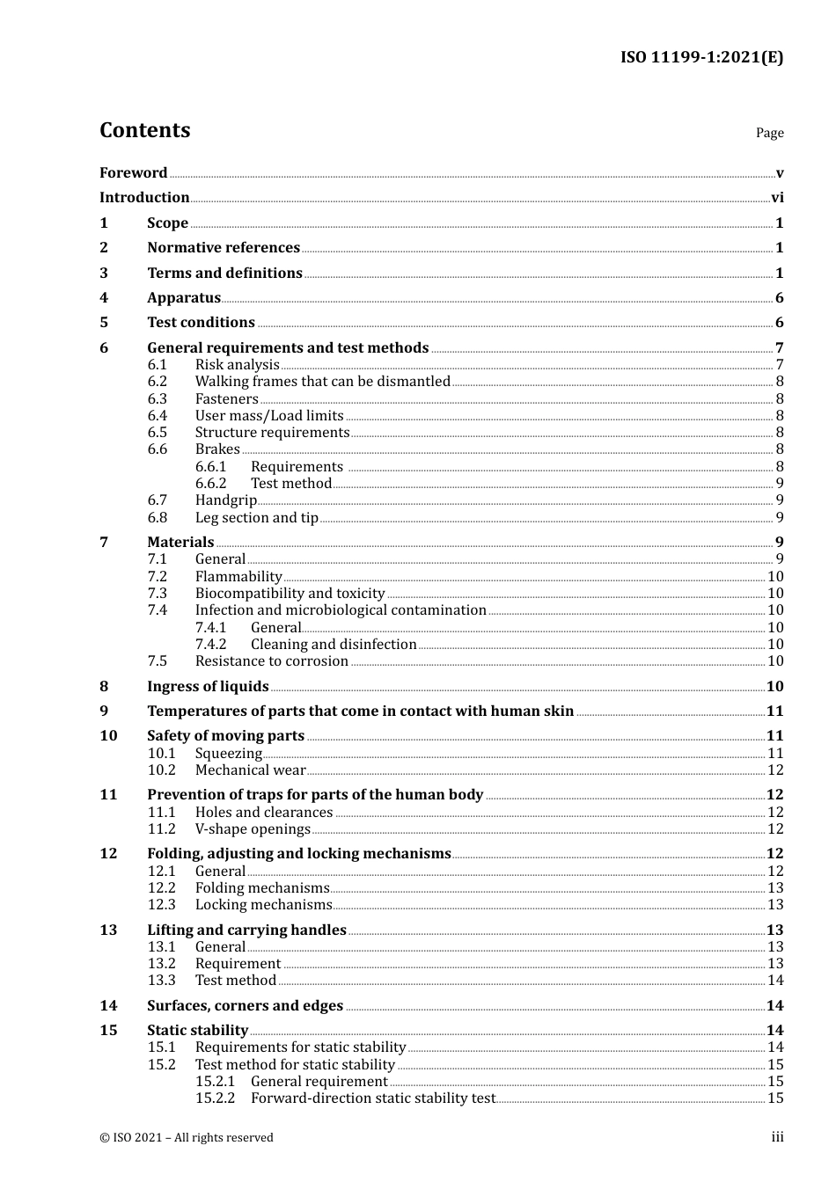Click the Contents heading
click(x=144, y=130)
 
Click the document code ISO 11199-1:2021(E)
click(x=701, y=57)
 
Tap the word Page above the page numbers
click(x=769, y=133)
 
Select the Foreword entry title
click(x=133, y=172)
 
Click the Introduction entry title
click(x=144, y=197)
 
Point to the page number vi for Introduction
click(x=777, y=197)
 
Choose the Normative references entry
click(x=224, y=247)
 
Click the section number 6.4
click(x=158, y=415)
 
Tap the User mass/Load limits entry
click(x=269, y=415)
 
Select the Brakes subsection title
click(x=217, y=449)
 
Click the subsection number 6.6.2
click(x=210, y=483)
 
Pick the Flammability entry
click(x=238, y=576)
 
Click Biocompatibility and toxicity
click(x=290, y=593)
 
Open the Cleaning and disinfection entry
click(x=334, y=644)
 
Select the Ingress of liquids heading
click(x=208, y=686)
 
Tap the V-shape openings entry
click(x=253, y=828)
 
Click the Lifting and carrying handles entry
click(x=246, y=930)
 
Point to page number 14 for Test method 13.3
click(x=775, y=980)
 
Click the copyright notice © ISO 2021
click(x=187, y=1137)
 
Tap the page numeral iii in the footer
click(x=777, y=1136)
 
